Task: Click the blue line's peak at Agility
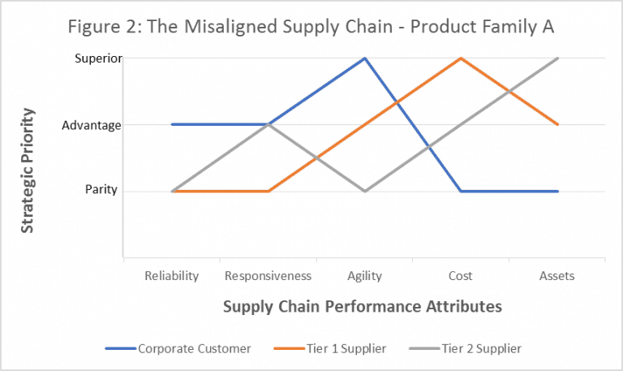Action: click(364, 58)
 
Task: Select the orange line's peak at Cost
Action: click(461, 58)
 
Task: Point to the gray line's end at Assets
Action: click(557, 58)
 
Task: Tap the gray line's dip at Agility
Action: click(364, 191)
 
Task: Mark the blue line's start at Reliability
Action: click(172, 124)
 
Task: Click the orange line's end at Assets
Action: click(557, 124)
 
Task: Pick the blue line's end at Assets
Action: click(557, 191)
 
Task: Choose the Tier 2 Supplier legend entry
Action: click(479, 348)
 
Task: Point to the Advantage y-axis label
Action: click(91, 125)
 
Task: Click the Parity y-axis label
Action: click(103, 191)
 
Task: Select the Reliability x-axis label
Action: click(172, 276)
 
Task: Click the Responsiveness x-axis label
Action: click(268, 276)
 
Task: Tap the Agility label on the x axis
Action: click(364, 276)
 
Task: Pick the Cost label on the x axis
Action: click(461, 276)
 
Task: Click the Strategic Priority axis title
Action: click(28, 173)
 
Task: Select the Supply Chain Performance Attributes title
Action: click(362, 306)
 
